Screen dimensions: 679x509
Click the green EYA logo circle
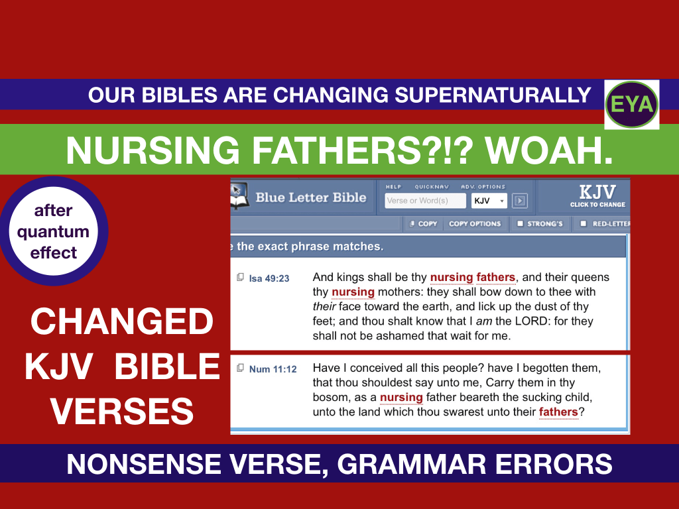tap(632, 104)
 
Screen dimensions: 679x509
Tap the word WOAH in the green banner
tap(548, 150)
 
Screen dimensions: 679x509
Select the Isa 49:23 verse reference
tap(269, 278)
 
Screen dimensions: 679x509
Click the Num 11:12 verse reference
tap(273, 369)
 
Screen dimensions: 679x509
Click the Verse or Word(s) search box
tap(425, 200)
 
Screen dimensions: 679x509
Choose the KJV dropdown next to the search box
tap(489, 200)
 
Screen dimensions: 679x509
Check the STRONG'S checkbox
tap(520, 223)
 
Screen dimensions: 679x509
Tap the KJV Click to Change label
tap(597, 196)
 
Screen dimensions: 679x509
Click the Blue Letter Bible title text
tap(310, 198)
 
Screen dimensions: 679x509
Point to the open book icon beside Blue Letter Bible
tap(239, 196)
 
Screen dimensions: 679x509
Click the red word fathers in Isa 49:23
tap(496, 277)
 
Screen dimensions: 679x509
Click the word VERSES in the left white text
tap(122, 411)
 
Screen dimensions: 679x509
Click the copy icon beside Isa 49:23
tap(240, 277)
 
